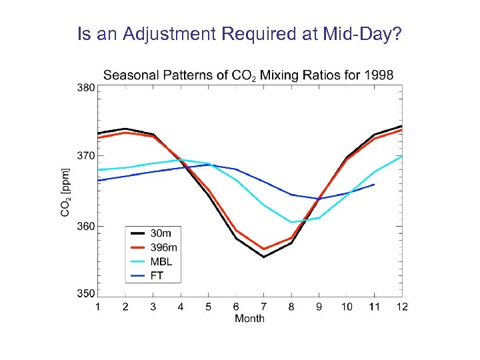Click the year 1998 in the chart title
pyautogui.click(x=379, y=74)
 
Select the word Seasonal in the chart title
pyautogui.click(x=129, y=74)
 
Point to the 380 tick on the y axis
pyautogui.click(x=85, y=87)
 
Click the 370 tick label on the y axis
pyautogui.click(x=85, y=156)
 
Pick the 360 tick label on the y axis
pyautogui.click(x=85, y=226)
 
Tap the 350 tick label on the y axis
pyautogui.click(x=85, y=293)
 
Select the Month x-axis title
pyautogui.click(x=249, y=319)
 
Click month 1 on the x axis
pyautogui.click(x=98, y=306)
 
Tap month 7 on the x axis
pyautogui.click(x=263, y=306)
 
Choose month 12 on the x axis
pyautogui.click(x=401, y=306)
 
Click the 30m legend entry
pyautogui.click(x=161, y=233)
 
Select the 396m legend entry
pyautogui.click(x=163, y=247)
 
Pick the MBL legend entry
pyautogui.click(x=161, y=261)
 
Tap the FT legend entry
pyautogui.click(x=157, y=275)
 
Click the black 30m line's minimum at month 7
pyautogui.click(x=263, y=257)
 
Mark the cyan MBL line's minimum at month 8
pyautogui.click(x=291, y=222)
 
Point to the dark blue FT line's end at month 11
pyautogui.click(x=374, y=185)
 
